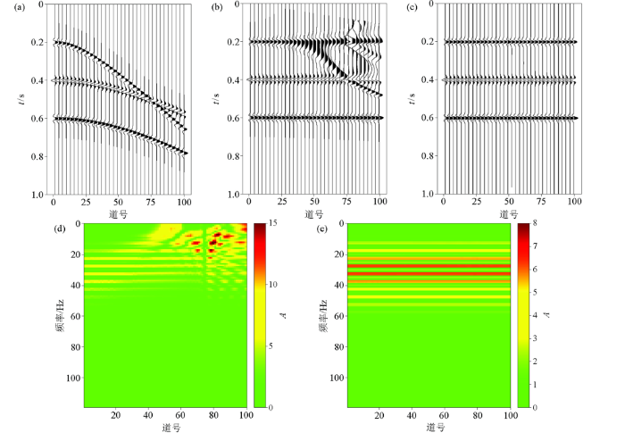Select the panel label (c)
point(412,8)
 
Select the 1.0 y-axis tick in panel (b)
point(234,194)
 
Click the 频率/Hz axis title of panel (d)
point(57,315)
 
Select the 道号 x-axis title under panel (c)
point(508,215)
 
